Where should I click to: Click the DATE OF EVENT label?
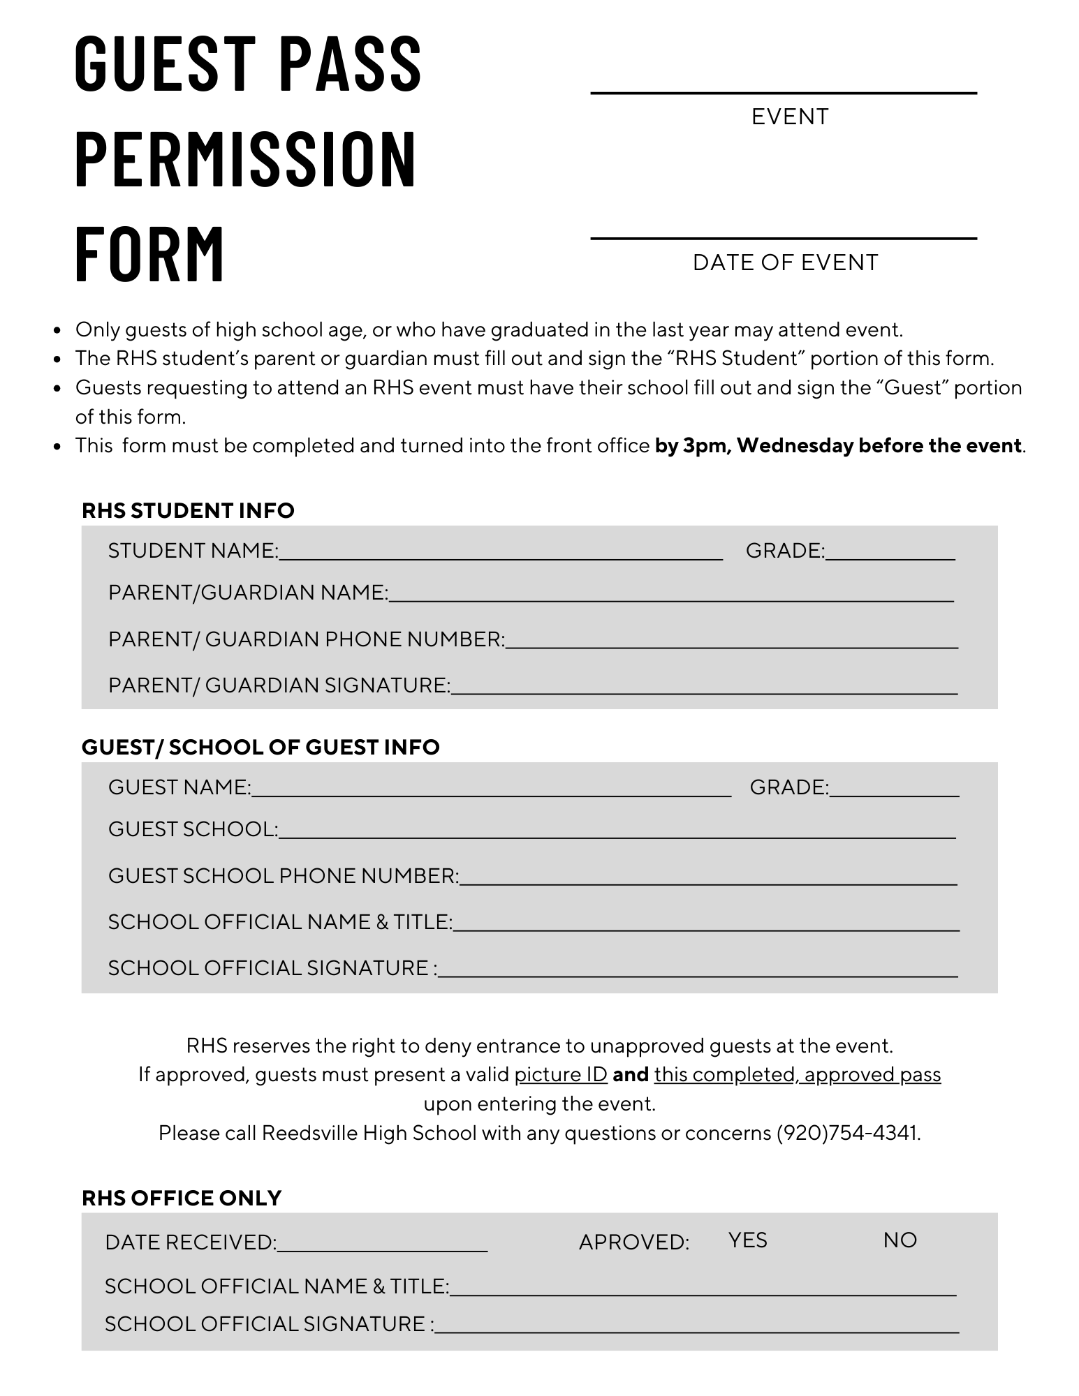click(785, 262)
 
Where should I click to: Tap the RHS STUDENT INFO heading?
click(188, 510)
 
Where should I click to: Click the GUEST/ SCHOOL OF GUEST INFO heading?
click(260, 747)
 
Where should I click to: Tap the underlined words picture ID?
click(560, 1074)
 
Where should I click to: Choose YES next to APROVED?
click(747, 1240)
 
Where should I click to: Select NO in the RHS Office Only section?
click(900, 1240)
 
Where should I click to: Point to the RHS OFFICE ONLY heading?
click(182, 1198)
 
